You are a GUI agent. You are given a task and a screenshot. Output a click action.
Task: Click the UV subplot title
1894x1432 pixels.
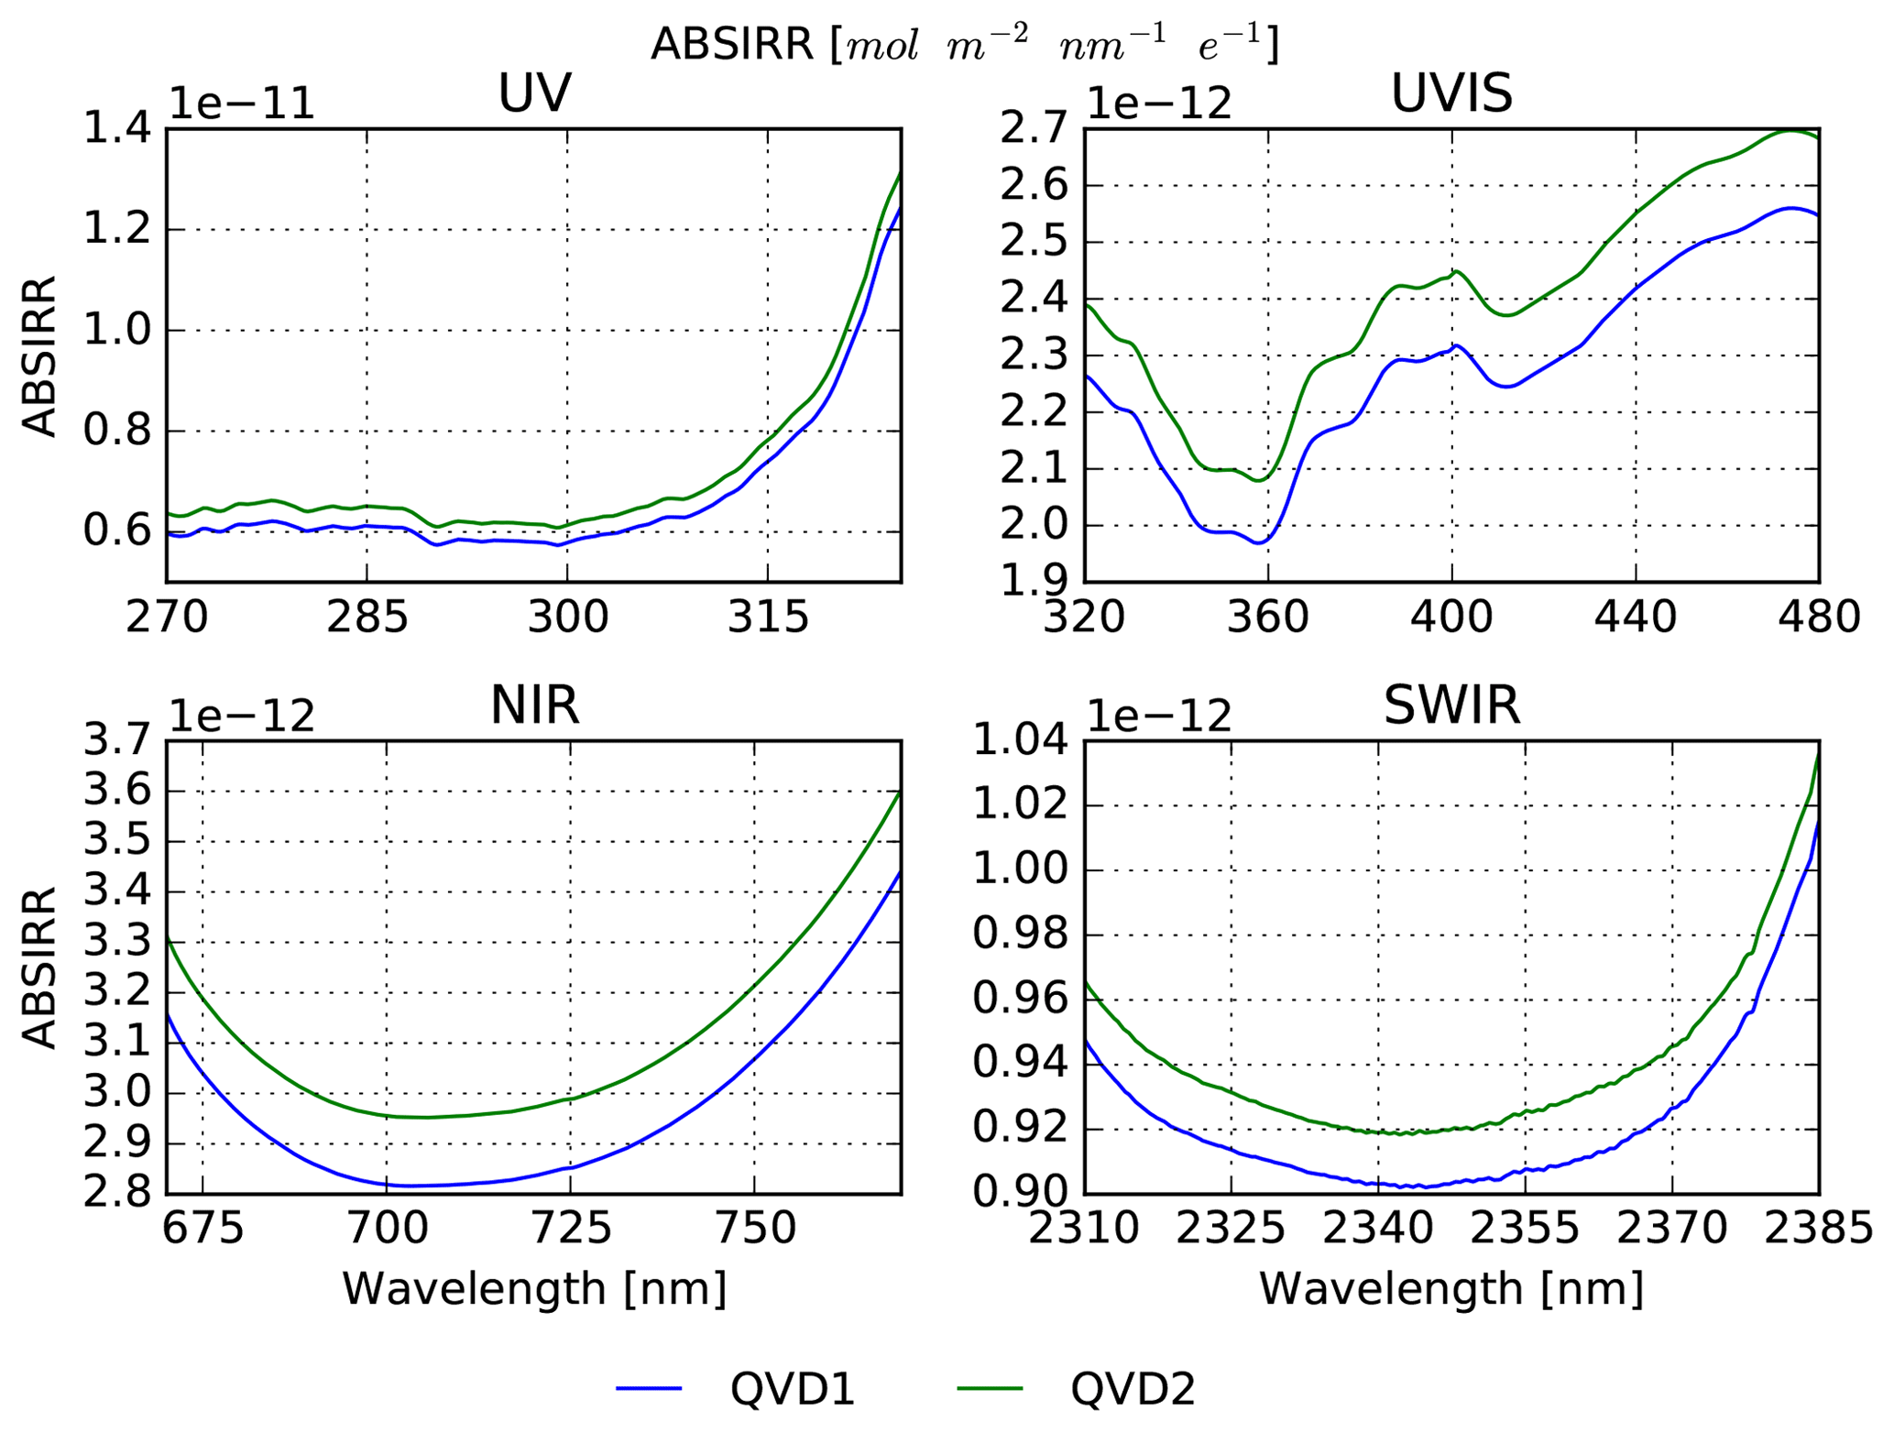[x=534, y=93]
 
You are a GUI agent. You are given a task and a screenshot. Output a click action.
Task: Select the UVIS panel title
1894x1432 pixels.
[x=1451, y=93]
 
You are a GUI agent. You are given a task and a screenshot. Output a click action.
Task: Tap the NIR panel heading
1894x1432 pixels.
[x=534, y=705]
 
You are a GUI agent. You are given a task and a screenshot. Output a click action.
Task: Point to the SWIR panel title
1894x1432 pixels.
[x=1451, y=705]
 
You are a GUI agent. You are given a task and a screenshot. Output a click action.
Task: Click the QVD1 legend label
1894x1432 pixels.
[x=793, y=1389]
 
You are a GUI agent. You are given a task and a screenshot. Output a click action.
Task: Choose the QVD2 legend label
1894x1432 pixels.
[x=1133, y=1389]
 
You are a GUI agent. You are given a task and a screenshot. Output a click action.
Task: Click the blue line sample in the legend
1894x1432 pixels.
[x=649, y=1389]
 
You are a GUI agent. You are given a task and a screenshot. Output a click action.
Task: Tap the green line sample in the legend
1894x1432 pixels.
[x=990, y=1389]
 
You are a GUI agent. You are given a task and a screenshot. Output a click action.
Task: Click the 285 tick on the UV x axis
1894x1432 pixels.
[x=367, y=618]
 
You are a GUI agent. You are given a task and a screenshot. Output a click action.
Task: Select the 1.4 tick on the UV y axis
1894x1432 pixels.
[x=117, y=129]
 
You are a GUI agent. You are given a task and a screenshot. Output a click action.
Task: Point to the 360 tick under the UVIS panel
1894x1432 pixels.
[x=1268, y=618]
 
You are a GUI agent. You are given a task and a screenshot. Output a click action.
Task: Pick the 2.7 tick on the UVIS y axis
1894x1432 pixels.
[x=1035, y=129]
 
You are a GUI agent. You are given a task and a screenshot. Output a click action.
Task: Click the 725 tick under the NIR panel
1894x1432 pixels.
[x=570, y=1230]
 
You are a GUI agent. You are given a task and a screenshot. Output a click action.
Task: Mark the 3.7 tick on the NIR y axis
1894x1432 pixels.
[x=117, y=740]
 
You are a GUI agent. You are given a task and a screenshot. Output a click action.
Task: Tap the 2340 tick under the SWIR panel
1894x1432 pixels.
[x=1378, y=1230]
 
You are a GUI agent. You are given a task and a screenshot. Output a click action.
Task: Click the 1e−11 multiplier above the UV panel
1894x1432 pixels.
[x=242, y=104]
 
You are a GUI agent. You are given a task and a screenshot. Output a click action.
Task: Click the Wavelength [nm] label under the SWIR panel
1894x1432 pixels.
[x=1451, y=1289]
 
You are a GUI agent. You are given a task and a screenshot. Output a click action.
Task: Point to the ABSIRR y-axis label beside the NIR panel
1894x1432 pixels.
[x=39, y=967]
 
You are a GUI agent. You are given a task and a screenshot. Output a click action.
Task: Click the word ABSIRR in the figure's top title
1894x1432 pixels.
[x=731, y=44]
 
